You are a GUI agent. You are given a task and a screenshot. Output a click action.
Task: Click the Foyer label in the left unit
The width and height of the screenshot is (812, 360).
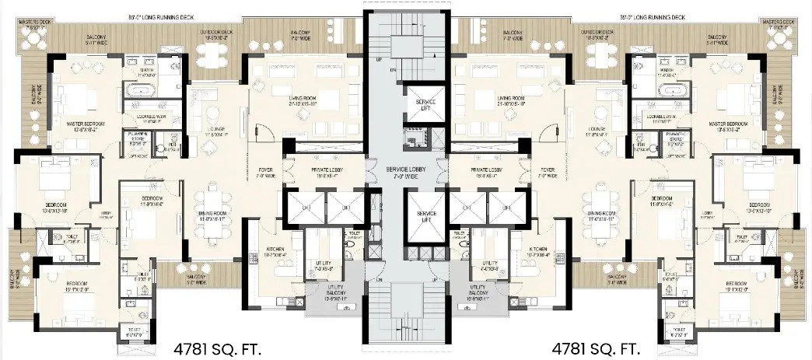pos(264,171)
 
